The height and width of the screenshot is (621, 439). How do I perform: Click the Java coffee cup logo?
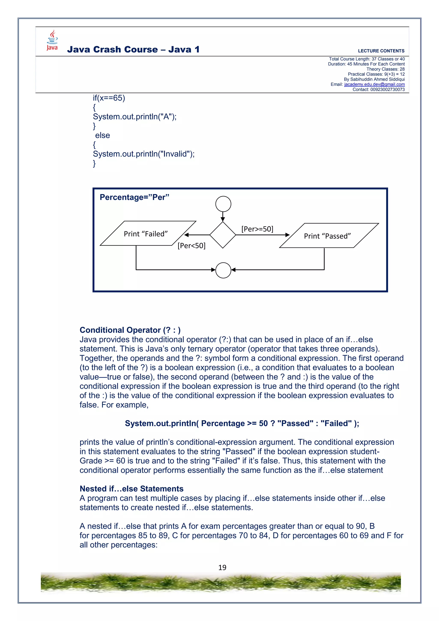52,40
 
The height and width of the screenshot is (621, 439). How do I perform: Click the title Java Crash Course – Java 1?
133,50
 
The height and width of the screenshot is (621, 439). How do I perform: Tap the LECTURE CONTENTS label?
381,51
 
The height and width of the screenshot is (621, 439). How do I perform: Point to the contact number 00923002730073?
387,89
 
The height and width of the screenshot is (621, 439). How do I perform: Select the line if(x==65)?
109,98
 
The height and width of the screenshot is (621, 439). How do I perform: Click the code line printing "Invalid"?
144,154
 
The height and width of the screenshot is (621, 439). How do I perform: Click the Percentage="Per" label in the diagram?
134,197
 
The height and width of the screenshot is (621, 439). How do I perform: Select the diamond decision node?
223,235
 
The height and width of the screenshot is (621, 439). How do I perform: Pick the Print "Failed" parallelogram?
146,234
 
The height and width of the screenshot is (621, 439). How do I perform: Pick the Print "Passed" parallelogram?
327,236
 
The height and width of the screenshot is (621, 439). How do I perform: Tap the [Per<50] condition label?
191,246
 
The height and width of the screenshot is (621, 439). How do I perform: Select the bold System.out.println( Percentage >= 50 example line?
242,423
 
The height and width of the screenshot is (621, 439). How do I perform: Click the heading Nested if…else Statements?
131,489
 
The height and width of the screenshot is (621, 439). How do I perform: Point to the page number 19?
222,567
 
